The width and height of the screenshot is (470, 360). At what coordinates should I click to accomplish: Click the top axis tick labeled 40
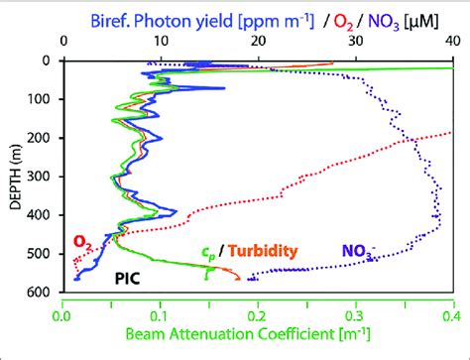449,44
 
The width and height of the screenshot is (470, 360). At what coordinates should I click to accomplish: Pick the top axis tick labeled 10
160,44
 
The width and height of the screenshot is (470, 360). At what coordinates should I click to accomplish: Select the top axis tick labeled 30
353,44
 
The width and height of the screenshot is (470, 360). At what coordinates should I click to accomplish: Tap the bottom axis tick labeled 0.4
448,317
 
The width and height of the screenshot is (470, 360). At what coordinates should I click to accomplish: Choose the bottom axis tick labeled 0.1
160,317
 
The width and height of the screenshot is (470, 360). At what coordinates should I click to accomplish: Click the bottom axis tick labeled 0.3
353,317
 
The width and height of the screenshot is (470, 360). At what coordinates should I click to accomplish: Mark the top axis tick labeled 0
62,44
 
